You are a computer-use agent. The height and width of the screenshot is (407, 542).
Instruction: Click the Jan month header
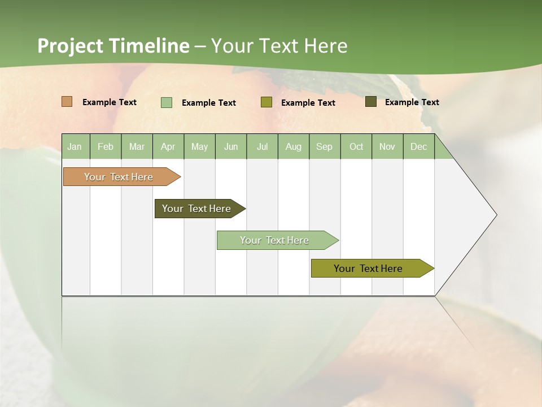click(x=75, y=146)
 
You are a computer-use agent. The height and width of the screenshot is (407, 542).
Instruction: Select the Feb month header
click(x=106, y=146)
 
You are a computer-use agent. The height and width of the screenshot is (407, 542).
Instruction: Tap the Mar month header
click(x=137, y=146)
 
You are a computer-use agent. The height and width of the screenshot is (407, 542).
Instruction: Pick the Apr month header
click(x=168, y=146)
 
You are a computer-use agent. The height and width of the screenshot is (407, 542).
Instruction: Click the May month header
click(x=199, y=146)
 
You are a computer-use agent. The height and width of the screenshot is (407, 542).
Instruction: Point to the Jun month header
click(x=231, y=146)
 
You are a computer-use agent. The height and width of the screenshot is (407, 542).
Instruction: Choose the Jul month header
click(x=262, y=146)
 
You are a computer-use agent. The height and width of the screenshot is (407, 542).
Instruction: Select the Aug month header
click(x=294, y=146)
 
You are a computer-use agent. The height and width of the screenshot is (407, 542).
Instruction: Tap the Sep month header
click(x=325, y=146)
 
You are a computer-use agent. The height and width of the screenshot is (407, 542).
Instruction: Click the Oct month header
click(x=356, y=146)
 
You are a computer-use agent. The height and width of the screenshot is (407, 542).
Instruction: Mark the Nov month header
click(x=387, y=146)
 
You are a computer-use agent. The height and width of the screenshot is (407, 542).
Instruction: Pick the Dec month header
click(x=419, y=146)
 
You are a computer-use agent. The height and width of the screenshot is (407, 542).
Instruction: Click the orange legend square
click(x=67, y=102)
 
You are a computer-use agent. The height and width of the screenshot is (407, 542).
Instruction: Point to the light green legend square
click(x=167, y=102)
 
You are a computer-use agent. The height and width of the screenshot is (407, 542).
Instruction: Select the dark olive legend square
click(x=371, y=102)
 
